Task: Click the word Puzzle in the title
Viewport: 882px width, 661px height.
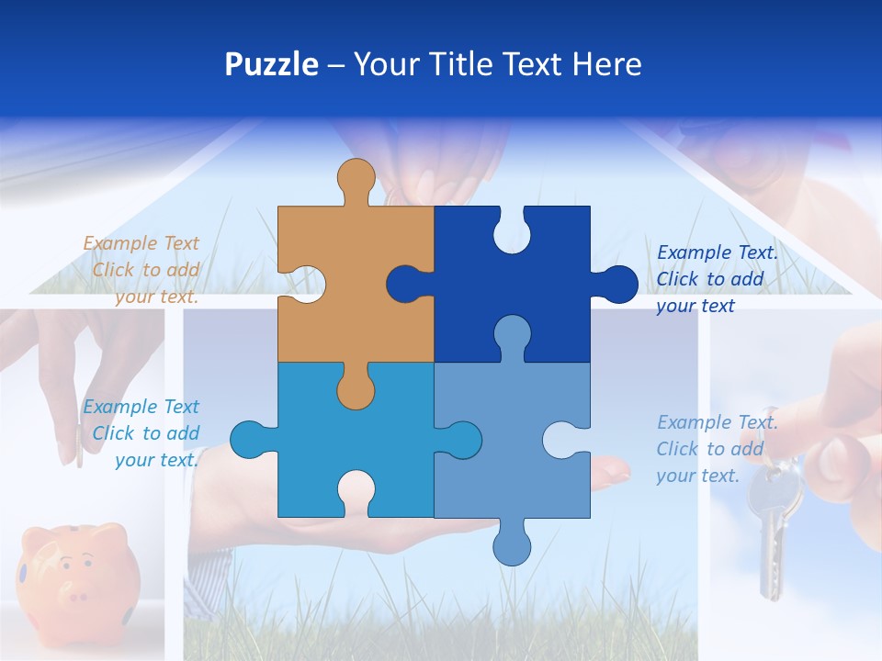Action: point(272,64)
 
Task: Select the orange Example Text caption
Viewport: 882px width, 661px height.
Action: point(141,270)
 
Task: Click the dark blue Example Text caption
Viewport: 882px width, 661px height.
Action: point(716,279)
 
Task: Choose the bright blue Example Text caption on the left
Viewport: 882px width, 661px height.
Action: point(141,433)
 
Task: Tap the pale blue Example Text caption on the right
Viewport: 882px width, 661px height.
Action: point(716,449)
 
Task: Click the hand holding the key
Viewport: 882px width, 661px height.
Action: point(841,413)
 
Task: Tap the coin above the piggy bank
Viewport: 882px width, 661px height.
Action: point(79,452)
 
